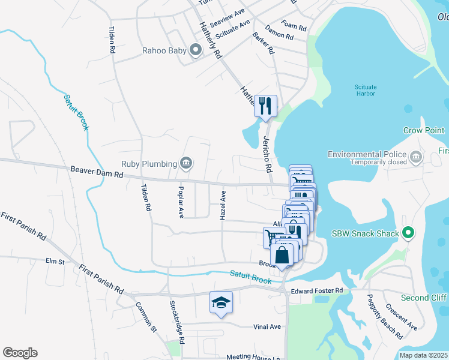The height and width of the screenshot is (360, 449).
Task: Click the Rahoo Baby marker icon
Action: [195, 51]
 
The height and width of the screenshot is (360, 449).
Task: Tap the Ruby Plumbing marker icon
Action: [186, 163]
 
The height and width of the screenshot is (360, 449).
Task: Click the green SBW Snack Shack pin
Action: [408, 232]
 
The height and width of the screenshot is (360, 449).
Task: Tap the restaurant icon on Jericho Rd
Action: [265, 106]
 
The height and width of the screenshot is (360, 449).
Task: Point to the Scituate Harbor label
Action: [365, 91]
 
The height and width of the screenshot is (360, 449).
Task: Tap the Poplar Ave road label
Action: [179, 202]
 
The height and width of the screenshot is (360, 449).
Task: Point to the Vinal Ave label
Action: [267, 327]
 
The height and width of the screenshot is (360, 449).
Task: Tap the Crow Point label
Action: [424, 130]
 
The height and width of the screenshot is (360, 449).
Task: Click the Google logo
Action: [20, 353]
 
